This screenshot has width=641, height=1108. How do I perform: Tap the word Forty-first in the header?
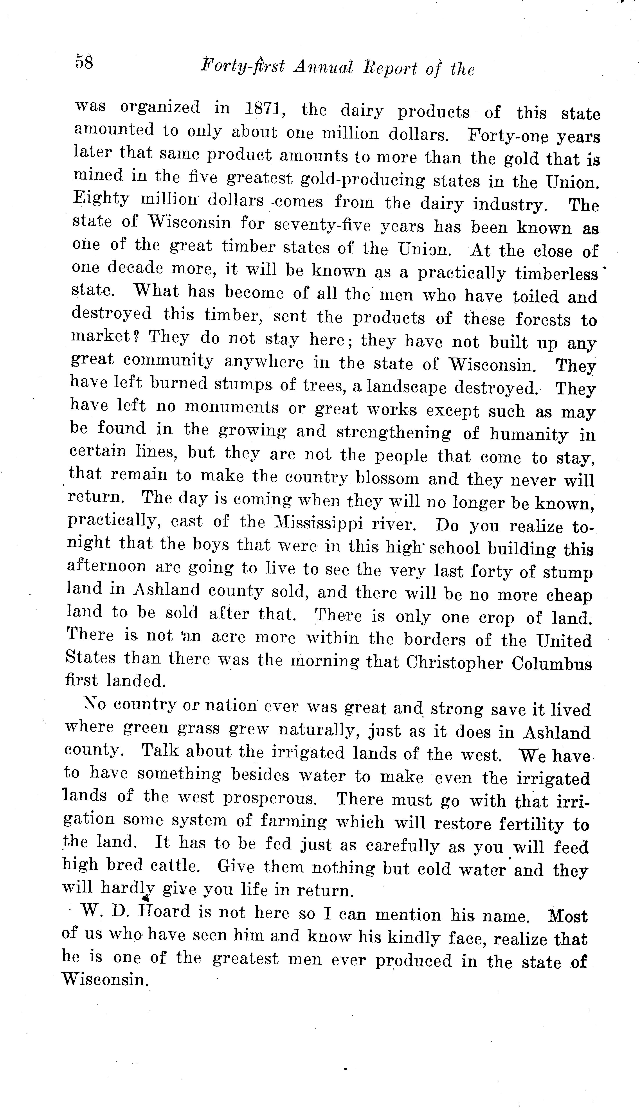242,66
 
